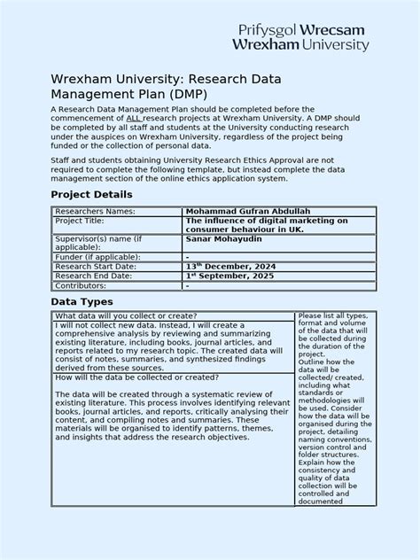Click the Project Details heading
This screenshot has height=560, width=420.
(x=91, y=194)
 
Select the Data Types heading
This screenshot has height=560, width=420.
(x=81, y=302)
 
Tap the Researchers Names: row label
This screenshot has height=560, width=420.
(x=95, y=212)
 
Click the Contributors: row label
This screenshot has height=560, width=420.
(x=87, y=286)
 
